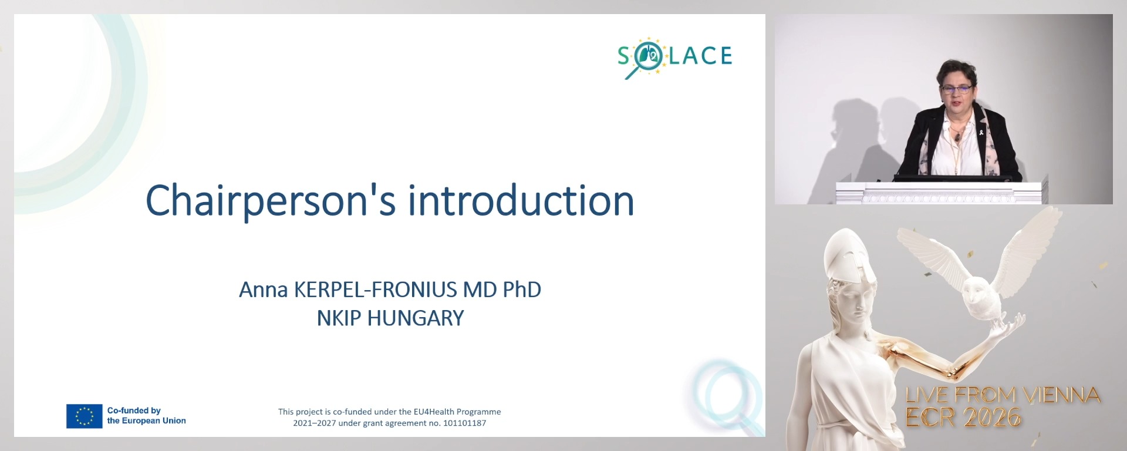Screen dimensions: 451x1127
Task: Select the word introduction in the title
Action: coord(521,201)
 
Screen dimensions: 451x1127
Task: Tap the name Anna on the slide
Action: coord(263,290)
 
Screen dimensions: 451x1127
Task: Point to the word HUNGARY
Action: coord(416,318)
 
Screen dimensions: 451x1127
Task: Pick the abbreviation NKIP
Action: coord(339,318)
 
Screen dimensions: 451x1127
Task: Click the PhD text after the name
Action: coord(522,290)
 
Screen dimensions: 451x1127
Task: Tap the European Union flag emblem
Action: coord(84,416)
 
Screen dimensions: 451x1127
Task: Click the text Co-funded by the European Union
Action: coord(146,416)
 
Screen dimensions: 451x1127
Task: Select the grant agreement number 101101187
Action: coord(463,423)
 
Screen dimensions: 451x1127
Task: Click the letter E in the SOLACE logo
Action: coord(724,56)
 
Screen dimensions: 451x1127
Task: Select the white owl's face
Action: coord(977,292)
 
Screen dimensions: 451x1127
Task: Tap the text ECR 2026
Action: coord(963,418)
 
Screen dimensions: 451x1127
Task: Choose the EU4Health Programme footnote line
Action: coord(389,412)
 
